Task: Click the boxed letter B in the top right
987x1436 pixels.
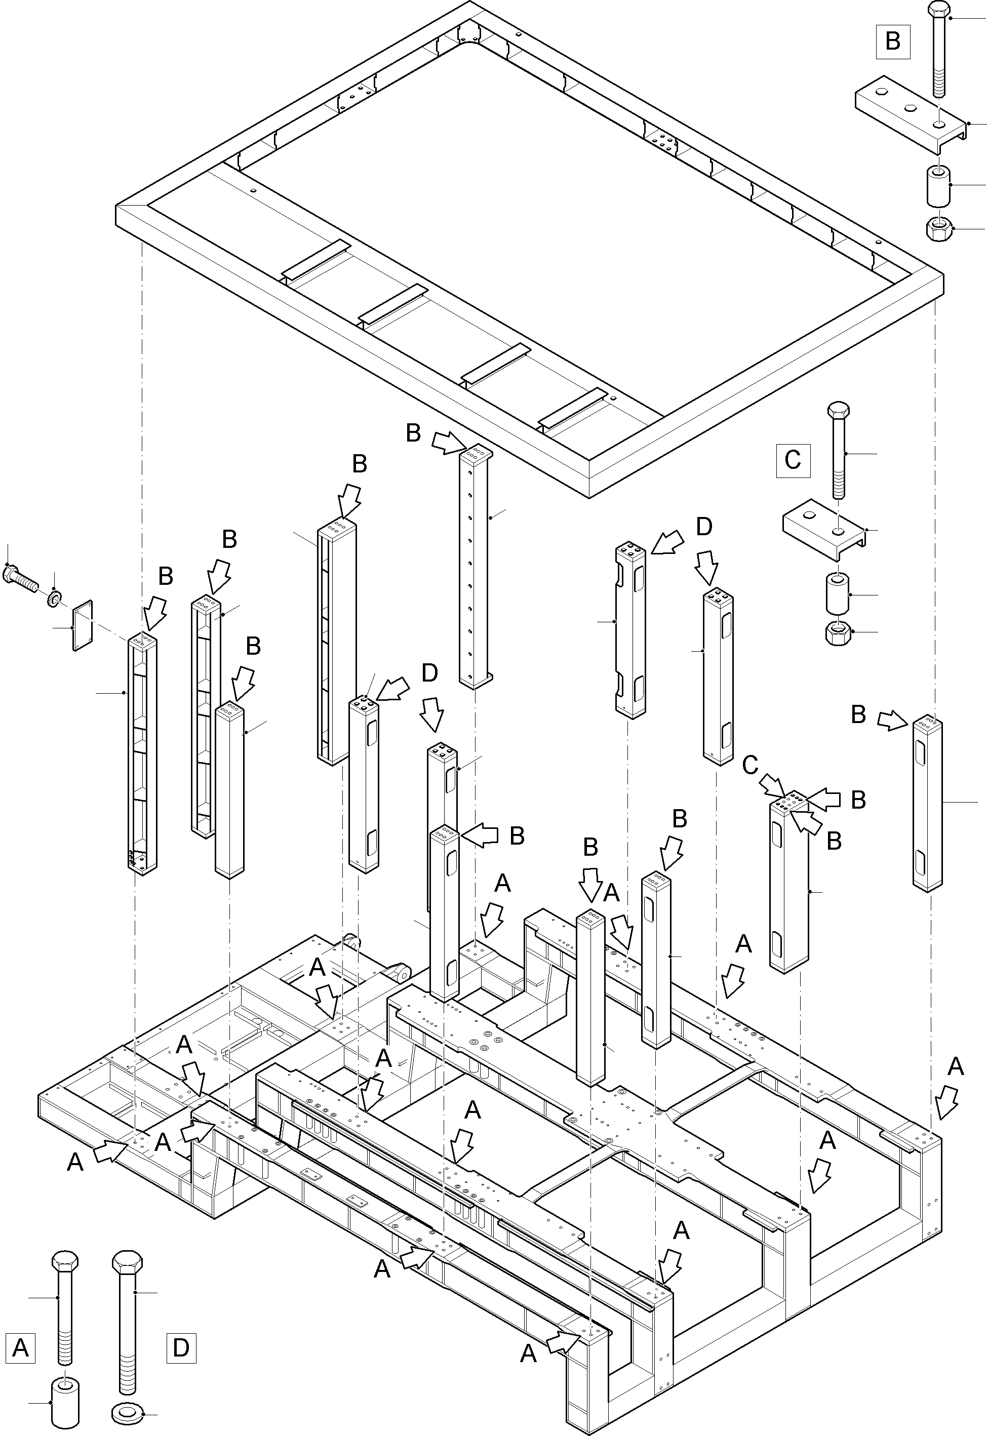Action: point(892,42)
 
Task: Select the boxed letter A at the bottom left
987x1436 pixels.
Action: point(20,1347)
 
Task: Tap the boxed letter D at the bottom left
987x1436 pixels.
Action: point(181,1347)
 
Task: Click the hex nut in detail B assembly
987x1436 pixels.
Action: point(939,229)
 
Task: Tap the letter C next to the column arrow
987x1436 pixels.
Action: point(750,766)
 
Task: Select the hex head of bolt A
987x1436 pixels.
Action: point(65,1260)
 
